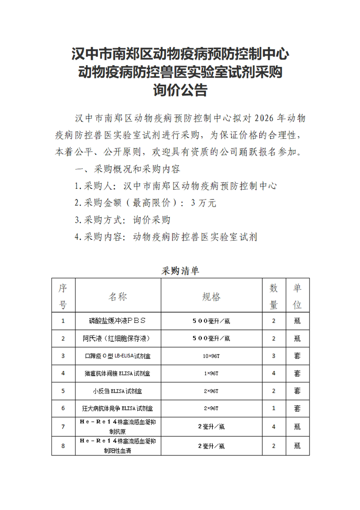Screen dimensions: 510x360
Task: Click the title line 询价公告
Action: coord(180,91)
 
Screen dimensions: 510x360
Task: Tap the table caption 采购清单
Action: coord(180,271)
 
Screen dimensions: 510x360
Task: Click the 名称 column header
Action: coord(118,297)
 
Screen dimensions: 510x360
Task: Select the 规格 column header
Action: coord(211,297)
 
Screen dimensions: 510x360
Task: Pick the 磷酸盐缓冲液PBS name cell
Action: coord(118,321)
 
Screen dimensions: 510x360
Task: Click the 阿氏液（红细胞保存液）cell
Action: coord(117,338)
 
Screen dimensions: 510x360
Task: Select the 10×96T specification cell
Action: coord(211,356)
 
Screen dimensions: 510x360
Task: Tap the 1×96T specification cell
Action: coord(211,374)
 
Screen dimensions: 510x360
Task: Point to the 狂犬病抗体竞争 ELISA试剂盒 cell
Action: coord(118,409)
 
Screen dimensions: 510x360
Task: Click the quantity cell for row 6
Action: coord(274,409)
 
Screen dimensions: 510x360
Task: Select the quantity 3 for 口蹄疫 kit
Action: coord(274,356)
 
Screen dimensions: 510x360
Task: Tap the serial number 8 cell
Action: coord(63,446)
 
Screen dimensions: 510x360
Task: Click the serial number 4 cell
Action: coord(63,374)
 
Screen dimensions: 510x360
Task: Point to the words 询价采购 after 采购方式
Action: coord(151,220)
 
